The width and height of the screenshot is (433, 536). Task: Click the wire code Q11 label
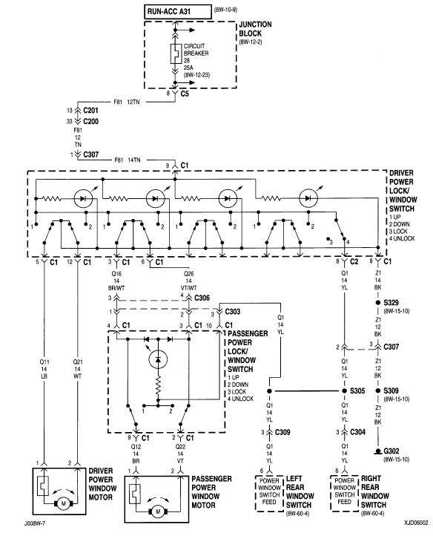[46, 362]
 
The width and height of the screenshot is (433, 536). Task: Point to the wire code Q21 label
[78, 362]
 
